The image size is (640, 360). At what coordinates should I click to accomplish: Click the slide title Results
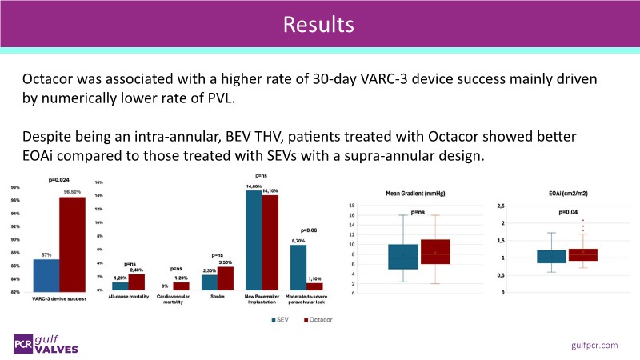tap(319, 24)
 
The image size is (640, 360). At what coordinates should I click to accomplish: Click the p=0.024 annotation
tap(61, 181)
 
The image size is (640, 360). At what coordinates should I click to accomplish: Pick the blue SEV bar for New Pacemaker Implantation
tap(253, 240)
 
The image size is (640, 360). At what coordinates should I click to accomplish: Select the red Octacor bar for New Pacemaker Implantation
tap(270, 242)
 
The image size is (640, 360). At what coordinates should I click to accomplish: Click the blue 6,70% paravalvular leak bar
tap(298, 267)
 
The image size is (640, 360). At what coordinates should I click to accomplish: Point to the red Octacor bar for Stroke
tap(226, 278)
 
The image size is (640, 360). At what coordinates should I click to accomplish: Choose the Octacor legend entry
tap(318, 319)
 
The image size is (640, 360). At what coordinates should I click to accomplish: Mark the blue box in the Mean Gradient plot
tap(403, 257)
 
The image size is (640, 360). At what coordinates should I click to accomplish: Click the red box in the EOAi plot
tap(582, 254)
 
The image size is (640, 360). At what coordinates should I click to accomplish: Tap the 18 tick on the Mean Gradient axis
tap(374, 206)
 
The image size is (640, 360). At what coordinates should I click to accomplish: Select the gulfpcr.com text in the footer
tap(595, 344)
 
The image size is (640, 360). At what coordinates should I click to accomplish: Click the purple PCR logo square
tap(22, 344)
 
